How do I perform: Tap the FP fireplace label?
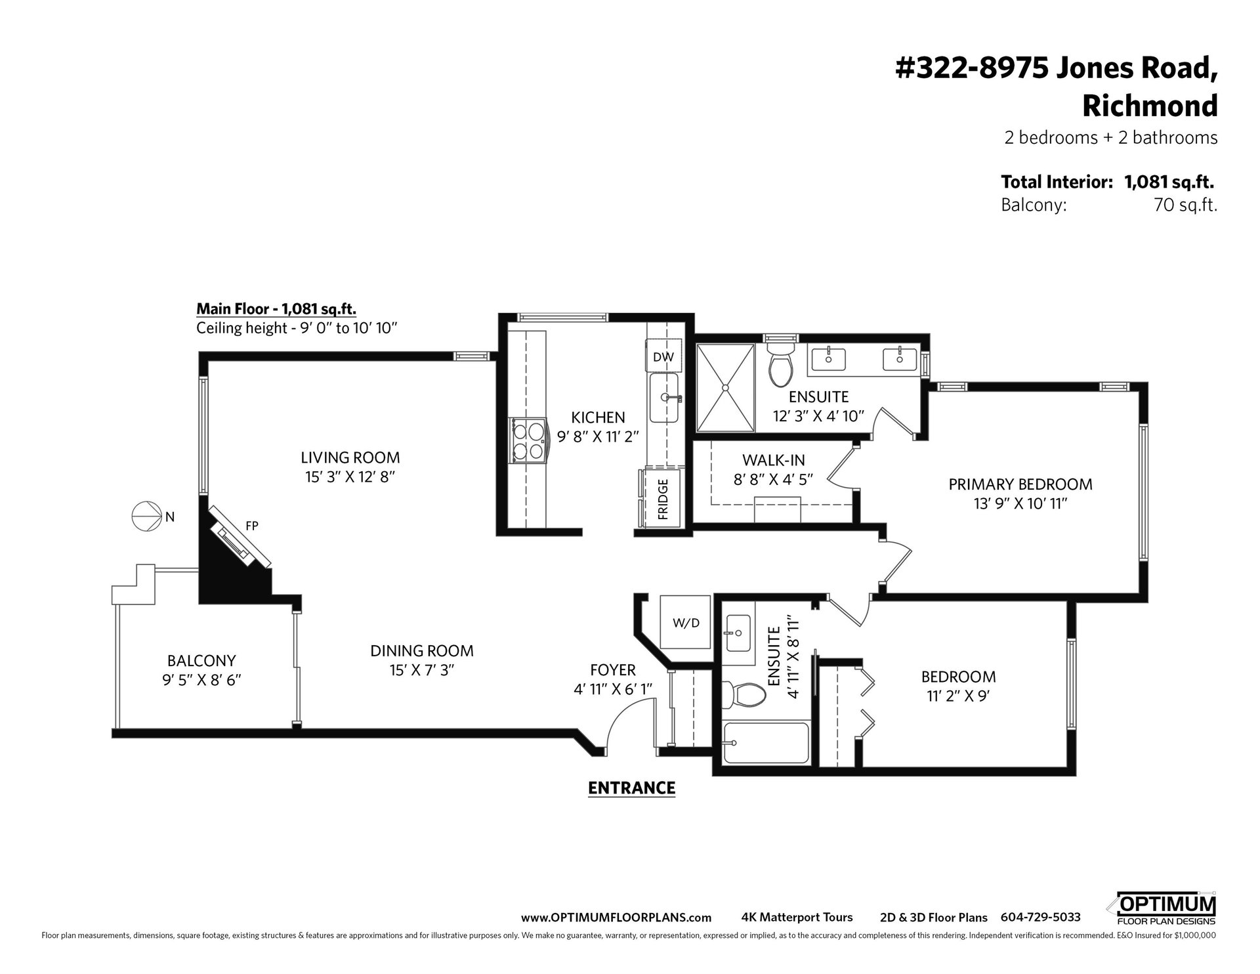(x=252, y=525)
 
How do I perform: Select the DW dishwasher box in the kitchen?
(x=663, y=356)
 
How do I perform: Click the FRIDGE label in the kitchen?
(x=663, y=499)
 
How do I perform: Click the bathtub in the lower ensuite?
(x=766, y=743)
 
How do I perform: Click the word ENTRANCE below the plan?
(x=631, y=788)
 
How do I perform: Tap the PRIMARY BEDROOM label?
(x=1020, y=484)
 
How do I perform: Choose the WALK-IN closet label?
(x=773, y=460)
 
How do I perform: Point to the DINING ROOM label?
(x=422, y=651)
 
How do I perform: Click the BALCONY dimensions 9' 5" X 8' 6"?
(x=202, y=680)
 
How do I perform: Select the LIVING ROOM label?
(x=350, y=457)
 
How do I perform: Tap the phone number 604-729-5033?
(x=1040, y=918)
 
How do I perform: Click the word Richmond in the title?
(x=1149, y=106)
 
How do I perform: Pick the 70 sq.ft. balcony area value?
(x=1185, y=205)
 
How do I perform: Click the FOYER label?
(x=613, y=670)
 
